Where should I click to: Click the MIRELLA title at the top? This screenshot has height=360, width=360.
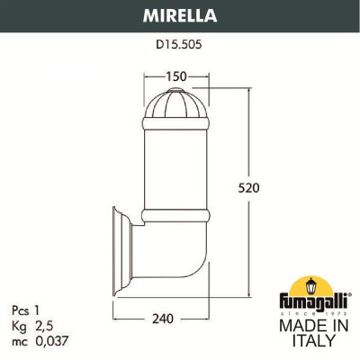[179, 14]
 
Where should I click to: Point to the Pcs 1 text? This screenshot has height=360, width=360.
[31, 308]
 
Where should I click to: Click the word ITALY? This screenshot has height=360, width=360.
[306, 341]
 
